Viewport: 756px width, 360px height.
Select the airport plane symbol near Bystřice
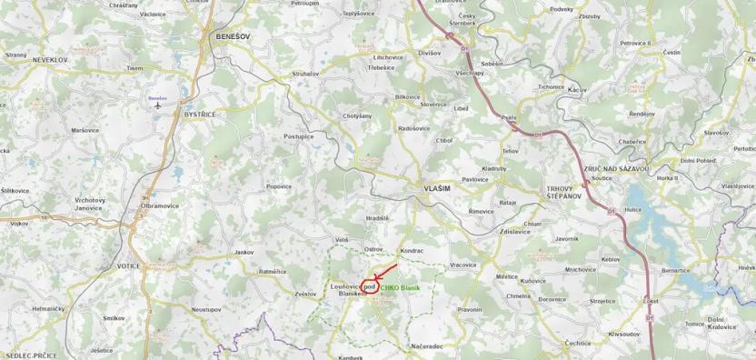158,105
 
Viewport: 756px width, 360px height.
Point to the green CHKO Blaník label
400,287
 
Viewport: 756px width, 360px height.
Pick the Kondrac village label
412,250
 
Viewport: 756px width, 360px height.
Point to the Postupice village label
298,136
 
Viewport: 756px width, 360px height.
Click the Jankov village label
244,252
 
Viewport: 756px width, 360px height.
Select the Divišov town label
429,54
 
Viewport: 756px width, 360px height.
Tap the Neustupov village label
206,309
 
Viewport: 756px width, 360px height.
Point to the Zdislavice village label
514,231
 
